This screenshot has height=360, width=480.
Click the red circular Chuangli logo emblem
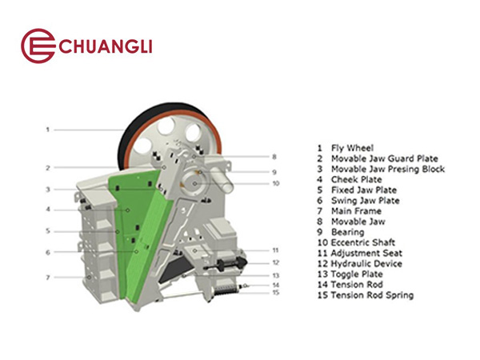tap(38, 46)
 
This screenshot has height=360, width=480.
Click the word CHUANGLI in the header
tap(106, 47)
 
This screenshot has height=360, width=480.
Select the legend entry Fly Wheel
tap(352, 149)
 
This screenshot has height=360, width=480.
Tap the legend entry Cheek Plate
tap(357, 180)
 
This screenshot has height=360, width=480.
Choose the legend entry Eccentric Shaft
tap(363, 242)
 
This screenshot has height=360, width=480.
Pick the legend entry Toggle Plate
tap(357, 274)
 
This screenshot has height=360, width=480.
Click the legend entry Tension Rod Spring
tap(372, 295)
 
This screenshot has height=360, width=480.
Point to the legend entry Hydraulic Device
tap(366, 264)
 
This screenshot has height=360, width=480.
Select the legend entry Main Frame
tap(356, 211)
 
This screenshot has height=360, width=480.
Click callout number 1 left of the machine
tap(48, 130)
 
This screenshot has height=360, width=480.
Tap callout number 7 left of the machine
tap(48, 278)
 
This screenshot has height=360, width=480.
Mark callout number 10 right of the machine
tap(276, 183)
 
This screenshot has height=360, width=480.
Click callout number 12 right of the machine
tap(276, 262)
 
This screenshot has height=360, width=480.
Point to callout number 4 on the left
tap(48, 210)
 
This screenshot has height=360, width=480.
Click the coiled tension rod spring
tap(226, 290)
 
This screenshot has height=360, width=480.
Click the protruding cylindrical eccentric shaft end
tap(222, 177)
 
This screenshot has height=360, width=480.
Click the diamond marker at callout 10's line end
tap(195, 184)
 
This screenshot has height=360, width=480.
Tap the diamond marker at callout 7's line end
tap(89, 278)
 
